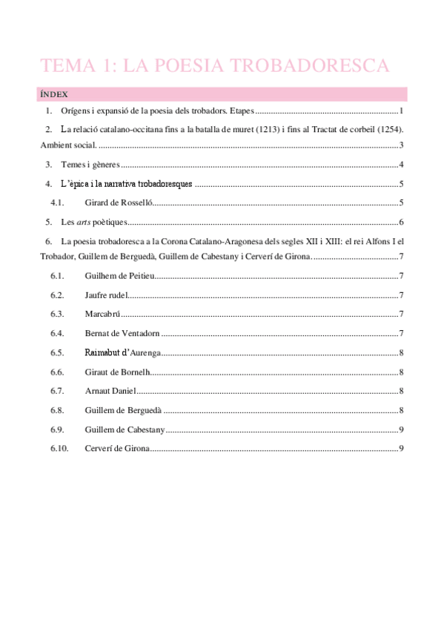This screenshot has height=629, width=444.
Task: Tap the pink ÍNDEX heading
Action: click(53, 95)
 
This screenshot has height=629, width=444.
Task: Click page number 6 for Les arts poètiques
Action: click(400, 222)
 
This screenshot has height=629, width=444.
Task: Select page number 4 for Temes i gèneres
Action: click(400, 165)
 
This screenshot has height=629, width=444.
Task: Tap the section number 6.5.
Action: click(59, 353)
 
